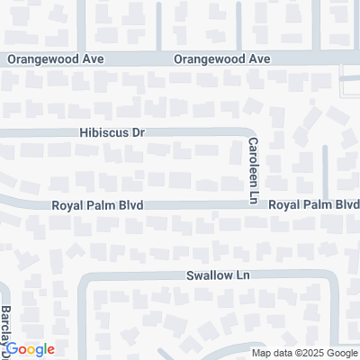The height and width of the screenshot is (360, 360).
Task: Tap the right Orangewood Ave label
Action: click(222, 59)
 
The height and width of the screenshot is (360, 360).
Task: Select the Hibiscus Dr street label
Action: click(111, 132)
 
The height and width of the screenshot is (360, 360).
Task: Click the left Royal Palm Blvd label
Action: click(99, 205)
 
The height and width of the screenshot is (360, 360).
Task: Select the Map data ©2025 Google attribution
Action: click(304, 353)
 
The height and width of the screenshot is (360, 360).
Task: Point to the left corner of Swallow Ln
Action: click(84, 278)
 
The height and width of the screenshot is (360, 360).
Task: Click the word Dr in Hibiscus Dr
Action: click(138, 132)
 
